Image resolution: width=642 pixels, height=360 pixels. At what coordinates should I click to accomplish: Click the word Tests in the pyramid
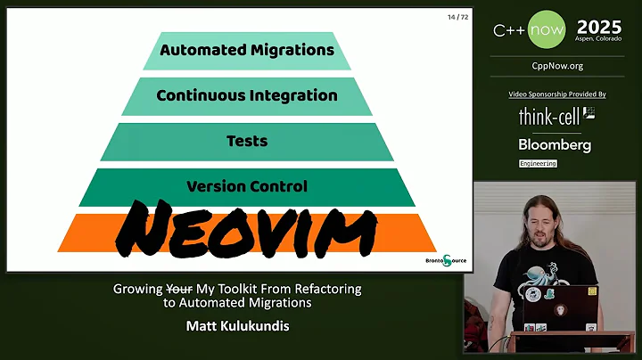(247, 141)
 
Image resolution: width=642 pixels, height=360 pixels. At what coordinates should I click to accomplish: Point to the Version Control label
(247, 186)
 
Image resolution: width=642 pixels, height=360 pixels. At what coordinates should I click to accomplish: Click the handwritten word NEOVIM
(248, 227)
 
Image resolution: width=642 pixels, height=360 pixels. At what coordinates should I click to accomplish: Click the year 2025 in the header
(600, 28)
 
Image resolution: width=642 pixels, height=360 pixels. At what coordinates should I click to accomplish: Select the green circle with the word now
(546, 30)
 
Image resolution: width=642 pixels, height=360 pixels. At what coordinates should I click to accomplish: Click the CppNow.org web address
(557, 66)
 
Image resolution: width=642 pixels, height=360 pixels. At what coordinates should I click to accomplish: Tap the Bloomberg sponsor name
(555, 144)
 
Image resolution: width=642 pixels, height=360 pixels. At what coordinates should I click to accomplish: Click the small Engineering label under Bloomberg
(538, 164)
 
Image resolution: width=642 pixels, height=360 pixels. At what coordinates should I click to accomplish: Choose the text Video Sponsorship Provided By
(557, 94)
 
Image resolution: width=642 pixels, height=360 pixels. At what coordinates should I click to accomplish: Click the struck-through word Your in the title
(179, 289)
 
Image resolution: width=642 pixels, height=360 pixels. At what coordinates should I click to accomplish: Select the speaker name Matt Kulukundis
(237, 325)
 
